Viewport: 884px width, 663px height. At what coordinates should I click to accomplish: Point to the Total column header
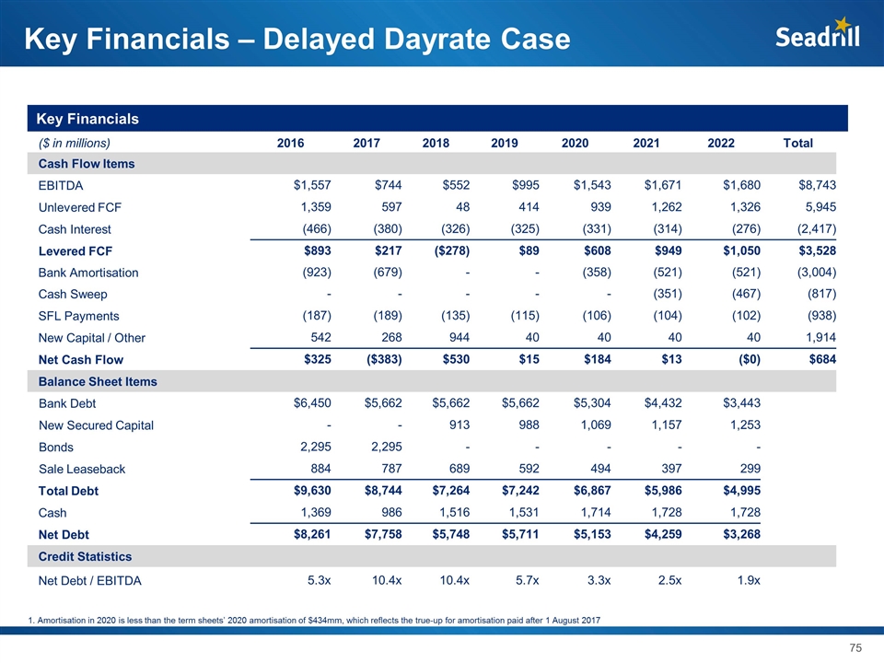pyautogui.click(x=797, y=143)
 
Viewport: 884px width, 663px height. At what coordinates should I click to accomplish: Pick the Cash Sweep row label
pyautogui.click(x=73, y=295)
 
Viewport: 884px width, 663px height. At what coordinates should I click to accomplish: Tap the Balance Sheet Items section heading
pyautogui.click(x=97, y=381)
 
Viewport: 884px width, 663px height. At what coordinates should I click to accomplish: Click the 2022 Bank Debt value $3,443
pyautogui.click(x=739, y=403)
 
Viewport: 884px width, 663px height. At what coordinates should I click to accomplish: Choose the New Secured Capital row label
pyautogui.click(x=97, y=425)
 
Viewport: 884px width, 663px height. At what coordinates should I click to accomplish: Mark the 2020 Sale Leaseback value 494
pyautogui.click(x=598, y=469)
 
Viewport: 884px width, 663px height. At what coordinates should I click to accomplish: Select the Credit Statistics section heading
pyautogui.click(x=85, y=556)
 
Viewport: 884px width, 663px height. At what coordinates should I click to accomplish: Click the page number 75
pyautogui.click(x=855, y=648)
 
